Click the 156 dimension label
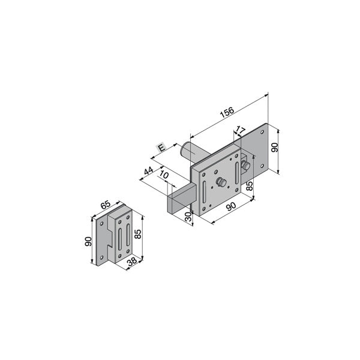[227, 112]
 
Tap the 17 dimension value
[240, 130]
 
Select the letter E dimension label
[161, 148]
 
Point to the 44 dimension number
[149, 171]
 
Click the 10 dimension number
[164, 175]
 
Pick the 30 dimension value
[188, 217]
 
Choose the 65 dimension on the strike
[106, 205]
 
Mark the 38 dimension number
[132, 261]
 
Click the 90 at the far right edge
[275, 147]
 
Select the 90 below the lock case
[231, 206]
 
